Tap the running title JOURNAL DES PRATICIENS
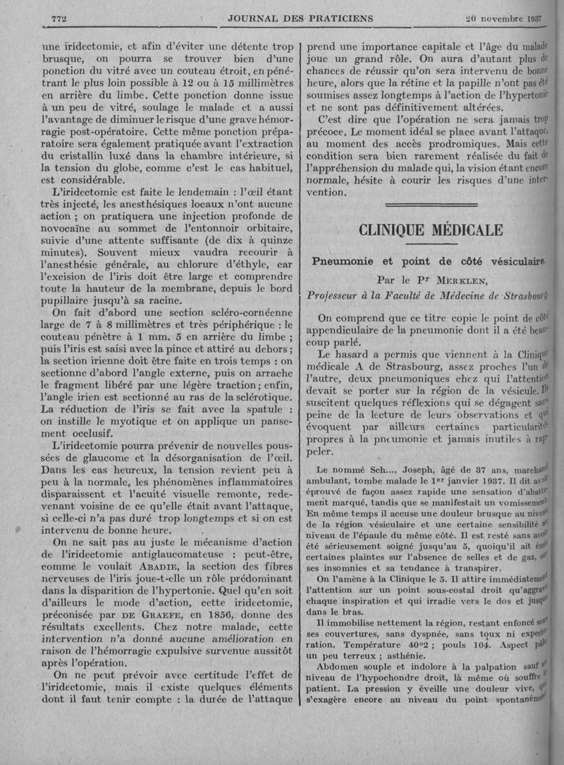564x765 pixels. pos(300,17)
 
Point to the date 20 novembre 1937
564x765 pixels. pos(503,17)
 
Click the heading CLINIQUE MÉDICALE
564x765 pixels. pos(431,231)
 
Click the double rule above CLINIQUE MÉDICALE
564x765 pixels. pos(431,205)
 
